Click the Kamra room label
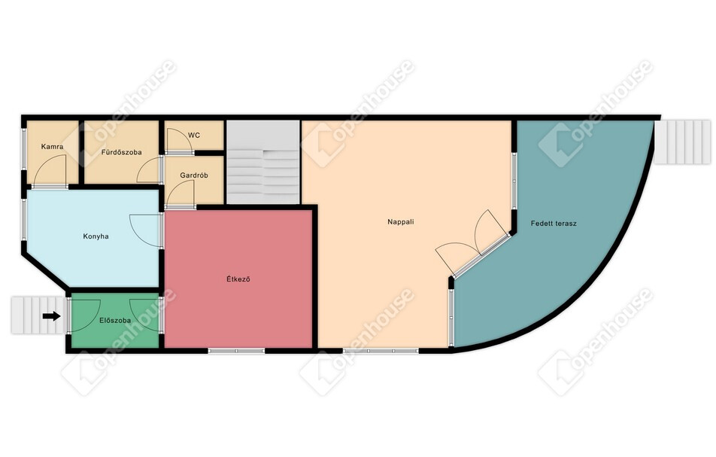pos(52,147)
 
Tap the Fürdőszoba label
pos(122,152)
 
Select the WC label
pos(194,136)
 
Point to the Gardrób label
pos(194,175)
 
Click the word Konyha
pos(96,236)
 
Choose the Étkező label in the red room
pos(238,279)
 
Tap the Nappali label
pos(400,221)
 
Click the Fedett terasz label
pos(554,224)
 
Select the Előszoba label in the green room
pos(115,321)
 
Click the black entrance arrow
pos(52,315)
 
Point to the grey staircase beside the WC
pos(263,162)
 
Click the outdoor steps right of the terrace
pos(682,142)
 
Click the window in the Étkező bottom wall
pos(236,351)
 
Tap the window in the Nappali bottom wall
pos(381,351)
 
